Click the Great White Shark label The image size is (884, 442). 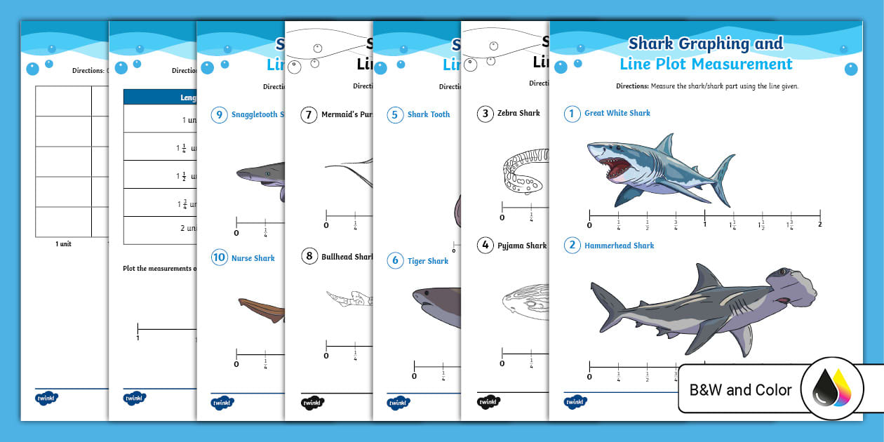tap(617, 113)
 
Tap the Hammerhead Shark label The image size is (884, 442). tap(619, 246)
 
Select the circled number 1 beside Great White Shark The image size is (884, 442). tap(572, 114)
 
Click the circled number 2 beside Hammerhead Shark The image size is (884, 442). tap(572, 246)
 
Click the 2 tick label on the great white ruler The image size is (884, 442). tap(819, 225)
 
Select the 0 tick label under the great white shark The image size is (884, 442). tap(589, 225)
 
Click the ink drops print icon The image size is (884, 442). tap(832, 389)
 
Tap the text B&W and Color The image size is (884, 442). tap(740, 390)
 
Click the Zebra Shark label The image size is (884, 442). tap(518, 113)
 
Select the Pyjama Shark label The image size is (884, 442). tap(521, 246)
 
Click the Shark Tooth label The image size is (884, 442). tap(428, 114)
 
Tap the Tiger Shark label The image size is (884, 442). tap(427, 261)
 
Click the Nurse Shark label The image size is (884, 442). tap(253, 258)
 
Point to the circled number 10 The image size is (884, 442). tap(219, 257)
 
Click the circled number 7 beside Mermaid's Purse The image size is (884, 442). tap(309, 114)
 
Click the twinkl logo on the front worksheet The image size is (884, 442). tap(575, 402)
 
